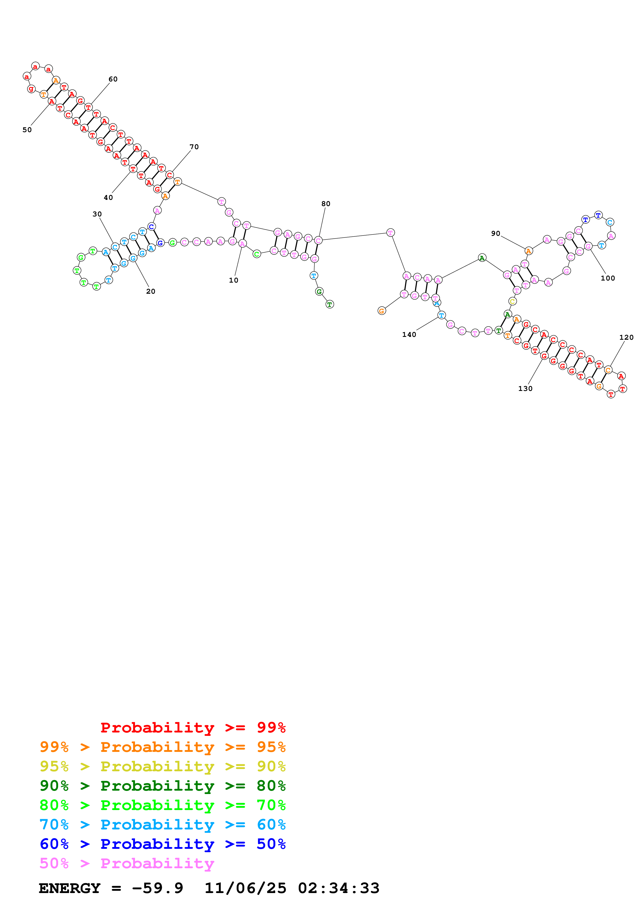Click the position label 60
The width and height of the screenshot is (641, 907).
click(x=113, y=79)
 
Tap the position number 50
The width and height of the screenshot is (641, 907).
click(x=27, y=130)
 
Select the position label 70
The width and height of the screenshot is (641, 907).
click(x=194, y=147)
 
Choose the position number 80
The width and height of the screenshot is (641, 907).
click(x=326, y=204)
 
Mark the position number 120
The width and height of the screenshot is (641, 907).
click(x=626, y=337)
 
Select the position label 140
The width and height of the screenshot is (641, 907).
click(x=409, y=335)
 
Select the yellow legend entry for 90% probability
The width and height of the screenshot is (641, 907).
click(x=163, y=766)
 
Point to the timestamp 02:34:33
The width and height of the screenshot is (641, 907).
click(x=338, y=888)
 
